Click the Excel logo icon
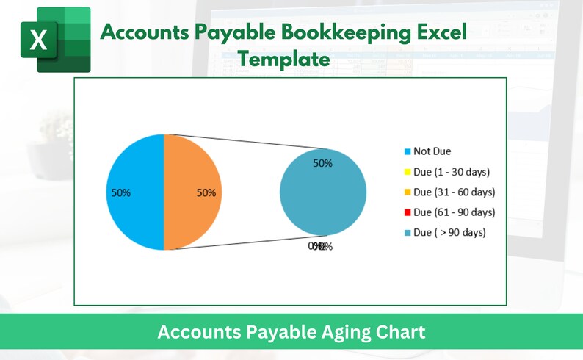tap(54, 40)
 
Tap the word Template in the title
tap(284, 58)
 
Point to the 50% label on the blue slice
tap(120, 192)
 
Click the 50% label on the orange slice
tap(206, 192)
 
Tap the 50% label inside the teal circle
tap(323, 163)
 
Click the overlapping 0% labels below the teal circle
tap(321, 247)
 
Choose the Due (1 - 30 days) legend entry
tap(451, 172)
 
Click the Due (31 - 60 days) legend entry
tap(454, 192)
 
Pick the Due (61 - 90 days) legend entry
tap(454, 212)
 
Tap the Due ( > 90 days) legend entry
tap(449, 232)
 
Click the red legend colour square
tap(407, 212)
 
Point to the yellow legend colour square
tap(407, 172)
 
